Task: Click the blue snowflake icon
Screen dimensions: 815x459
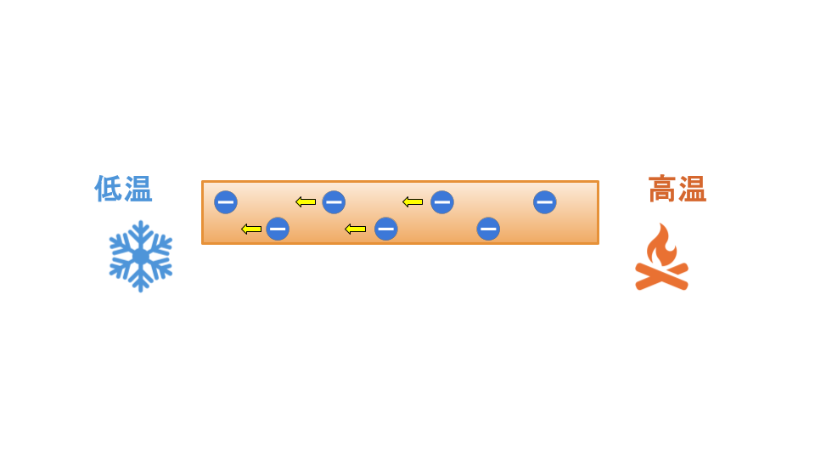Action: tap(140, 256)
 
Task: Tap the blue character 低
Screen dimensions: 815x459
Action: tap(108, 188)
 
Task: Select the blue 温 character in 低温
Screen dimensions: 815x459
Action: tap(138, 188)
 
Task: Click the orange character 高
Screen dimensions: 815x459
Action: tap(663, 189)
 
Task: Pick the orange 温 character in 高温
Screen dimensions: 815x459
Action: tap(693, 189)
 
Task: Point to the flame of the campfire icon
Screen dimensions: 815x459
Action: tap(661, 246)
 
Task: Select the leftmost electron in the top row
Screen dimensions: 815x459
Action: tap(226, 202)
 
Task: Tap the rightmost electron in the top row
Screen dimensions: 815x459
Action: tap(545, 202)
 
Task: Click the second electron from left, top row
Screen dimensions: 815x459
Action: tap(334, 202)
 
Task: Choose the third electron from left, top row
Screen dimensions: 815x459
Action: tap(442, 202)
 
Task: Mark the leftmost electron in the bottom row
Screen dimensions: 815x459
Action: tap(278, 229)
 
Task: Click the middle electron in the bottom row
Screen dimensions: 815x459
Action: tap(385, 229)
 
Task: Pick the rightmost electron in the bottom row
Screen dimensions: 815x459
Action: tap(488, 229)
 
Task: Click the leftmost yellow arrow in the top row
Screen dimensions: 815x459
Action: tap(306, 202)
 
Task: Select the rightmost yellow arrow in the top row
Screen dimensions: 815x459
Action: tap(413, 202)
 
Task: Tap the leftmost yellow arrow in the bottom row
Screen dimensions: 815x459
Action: tap(251, 229)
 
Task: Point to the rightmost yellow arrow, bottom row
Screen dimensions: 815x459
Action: tap(356, 229)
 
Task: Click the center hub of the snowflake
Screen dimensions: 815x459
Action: tap(140, 257)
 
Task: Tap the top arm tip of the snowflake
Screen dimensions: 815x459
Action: tap(140, 222)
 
